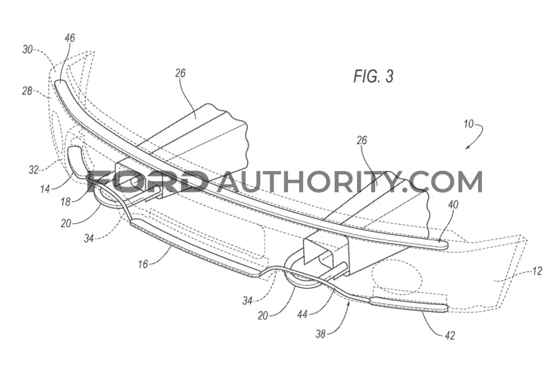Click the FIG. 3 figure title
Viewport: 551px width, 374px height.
click(x=373, y=76)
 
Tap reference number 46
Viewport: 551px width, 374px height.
click(x=69, y=38)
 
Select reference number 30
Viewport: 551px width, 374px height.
click(x=27, y=49)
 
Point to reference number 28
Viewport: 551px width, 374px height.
click(x=27, y=92)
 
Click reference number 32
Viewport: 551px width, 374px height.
click(x=34, y=170)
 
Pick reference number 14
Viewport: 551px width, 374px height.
click(x=45, y=189)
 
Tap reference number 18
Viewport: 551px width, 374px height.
click(x=65, y=202)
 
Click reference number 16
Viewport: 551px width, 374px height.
click(x=143, y=264)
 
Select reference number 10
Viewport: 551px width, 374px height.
click(x=469, y=124)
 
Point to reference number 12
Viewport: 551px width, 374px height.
click(x=537, y=271)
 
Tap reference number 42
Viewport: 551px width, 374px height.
click(x=450, y=336)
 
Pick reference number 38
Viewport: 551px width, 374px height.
click(x=320, y=334)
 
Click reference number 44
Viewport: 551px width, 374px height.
click(x=302, y=314)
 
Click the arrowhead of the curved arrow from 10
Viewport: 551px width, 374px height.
click(x=468, y=148)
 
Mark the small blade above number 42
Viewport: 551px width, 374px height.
click(x=409, y=304)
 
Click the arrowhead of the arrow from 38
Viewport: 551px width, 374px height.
click(x=349, y=304)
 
